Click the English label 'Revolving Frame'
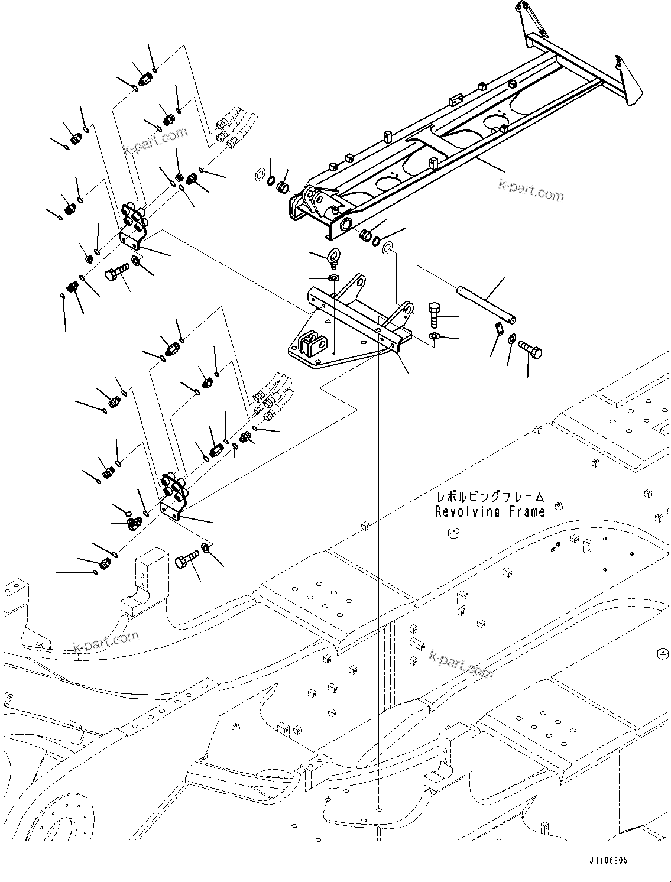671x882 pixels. click(490, 512)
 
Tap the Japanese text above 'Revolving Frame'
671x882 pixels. click(490, 497)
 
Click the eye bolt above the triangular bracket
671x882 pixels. click(333, 258)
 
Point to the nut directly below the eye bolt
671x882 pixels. click(333, 278)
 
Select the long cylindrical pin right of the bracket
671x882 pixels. click(486, 304)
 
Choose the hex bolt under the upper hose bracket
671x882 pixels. click(117, 273)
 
